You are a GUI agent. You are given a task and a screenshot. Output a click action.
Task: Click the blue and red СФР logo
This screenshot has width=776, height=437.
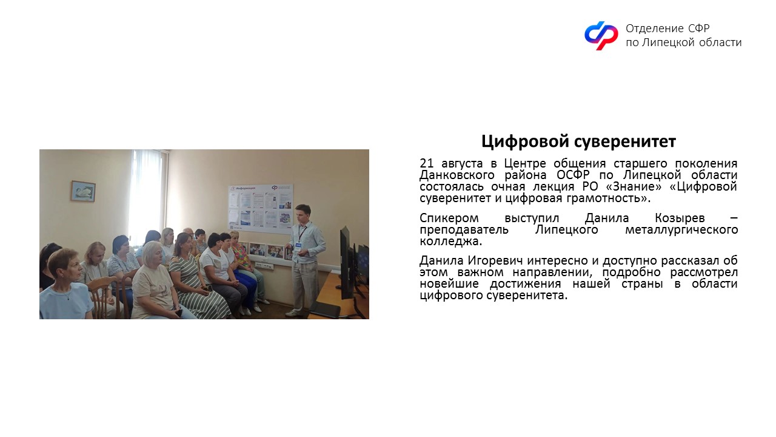coord(601,35)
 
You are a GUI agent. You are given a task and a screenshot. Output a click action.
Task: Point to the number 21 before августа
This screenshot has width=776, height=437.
coord(426,163)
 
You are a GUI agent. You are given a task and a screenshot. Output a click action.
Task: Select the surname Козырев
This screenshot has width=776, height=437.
coord(680,218)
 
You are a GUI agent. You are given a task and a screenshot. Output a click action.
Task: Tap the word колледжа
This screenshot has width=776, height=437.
coord(450,242)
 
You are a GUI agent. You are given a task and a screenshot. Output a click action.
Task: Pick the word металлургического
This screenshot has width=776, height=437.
coord(681,230)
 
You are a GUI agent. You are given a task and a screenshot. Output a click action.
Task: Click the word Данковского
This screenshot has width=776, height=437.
coord(457,175)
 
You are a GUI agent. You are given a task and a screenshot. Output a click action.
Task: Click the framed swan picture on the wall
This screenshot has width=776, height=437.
coord(83,191)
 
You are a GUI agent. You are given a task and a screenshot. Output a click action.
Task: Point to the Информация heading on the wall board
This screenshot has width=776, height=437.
coord(246,188)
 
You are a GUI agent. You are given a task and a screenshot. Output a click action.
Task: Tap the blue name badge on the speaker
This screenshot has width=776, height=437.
coord(298,245)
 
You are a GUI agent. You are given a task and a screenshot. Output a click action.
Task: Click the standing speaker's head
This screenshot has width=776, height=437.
coord(303,213)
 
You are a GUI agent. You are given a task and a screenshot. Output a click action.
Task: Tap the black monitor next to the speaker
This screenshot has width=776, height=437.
coord(346,263)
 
